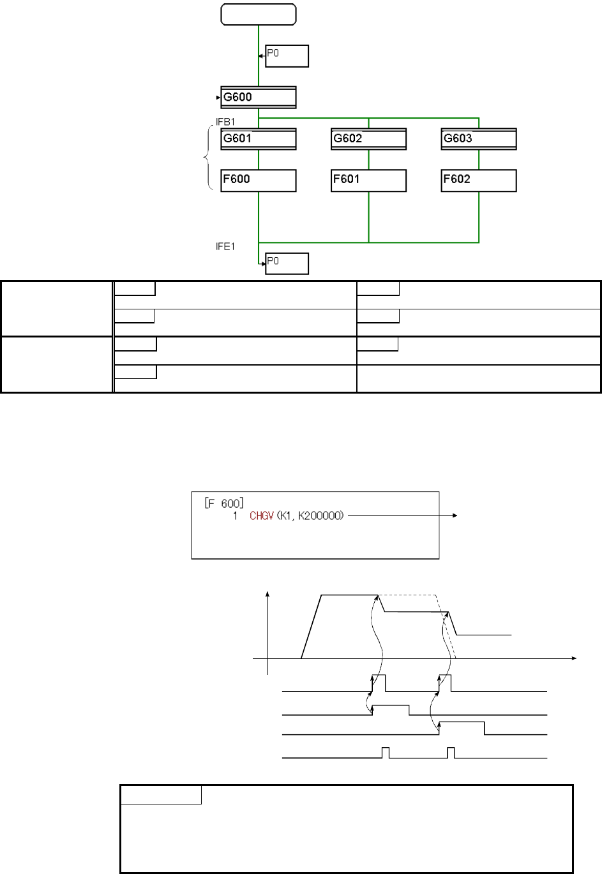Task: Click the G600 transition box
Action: pos(259,97)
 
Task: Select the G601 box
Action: pos(259,139)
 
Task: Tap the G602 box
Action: pos(368,139)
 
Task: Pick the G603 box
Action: pos(479,139)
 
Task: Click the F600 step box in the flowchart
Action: pos(259,181)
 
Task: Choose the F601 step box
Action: pos(368,181)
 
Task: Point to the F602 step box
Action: pos(479,181)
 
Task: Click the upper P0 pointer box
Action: pos(287,56)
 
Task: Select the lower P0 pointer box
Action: pos(287,263)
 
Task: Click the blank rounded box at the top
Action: pos(259,15)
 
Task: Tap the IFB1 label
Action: pos(225,122)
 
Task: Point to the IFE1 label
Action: pos(225,247)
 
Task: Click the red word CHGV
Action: pos(262,516)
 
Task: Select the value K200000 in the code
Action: pos(320,516)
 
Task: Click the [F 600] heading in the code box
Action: pos(224,503)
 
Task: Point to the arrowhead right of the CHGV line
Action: pos(455,515)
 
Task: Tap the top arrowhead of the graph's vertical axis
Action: pos(267,594)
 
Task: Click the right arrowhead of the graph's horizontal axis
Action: pos(574,658)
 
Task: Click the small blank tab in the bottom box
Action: pos(161,795)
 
